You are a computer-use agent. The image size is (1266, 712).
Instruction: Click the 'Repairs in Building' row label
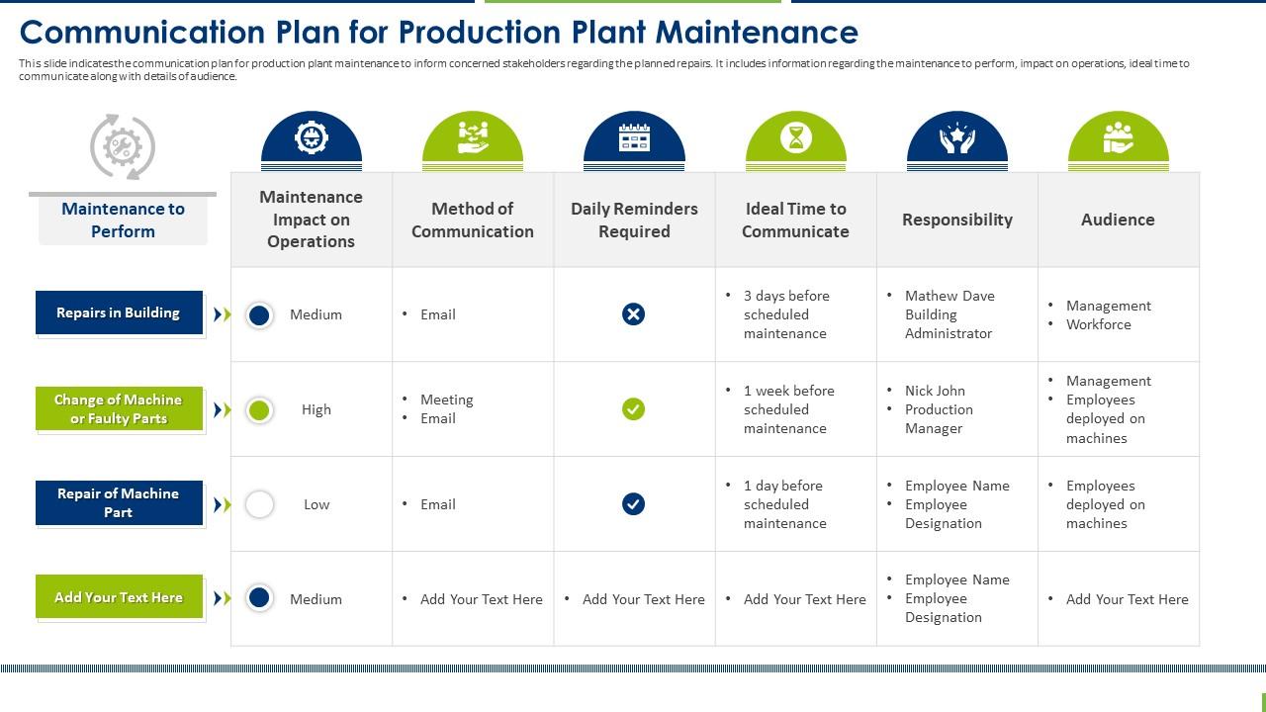[119, 312]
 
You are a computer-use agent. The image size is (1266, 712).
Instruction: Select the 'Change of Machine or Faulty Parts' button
[119, 408]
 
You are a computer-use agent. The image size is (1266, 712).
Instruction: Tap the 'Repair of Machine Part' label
[119, 502]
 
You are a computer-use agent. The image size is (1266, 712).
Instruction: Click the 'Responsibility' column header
[956, 220]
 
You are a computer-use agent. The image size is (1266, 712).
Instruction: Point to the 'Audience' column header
[1118, 220]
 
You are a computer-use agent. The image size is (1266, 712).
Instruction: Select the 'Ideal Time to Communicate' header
[795, 220]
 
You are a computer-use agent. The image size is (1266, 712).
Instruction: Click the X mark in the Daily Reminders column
[633, 314]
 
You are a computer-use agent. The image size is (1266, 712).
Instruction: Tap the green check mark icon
[633, 408]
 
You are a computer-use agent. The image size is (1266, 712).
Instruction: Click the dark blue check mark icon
[633, 504]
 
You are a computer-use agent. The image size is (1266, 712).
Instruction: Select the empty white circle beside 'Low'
[259, 504]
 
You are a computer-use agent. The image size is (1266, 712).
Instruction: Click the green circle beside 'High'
[259, 409]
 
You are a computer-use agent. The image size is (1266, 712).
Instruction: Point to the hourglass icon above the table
[795, 137]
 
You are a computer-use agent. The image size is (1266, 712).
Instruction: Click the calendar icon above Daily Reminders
[634, 137]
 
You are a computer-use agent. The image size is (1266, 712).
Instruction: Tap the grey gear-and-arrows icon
[123, 147]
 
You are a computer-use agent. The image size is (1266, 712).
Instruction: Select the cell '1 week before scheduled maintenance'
[788, 409]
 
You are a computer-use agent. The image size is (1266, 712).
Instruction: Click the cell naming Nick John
[939, 409]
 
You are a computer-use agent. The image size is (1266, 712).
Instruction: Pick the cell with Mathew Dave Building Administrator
[949, 314]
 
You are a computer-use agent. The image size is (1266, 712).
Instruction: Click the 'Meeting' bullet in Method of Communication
[446, 400]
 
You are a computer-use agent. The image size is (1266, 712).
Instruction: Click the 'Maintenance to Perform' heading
[123, 220]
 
